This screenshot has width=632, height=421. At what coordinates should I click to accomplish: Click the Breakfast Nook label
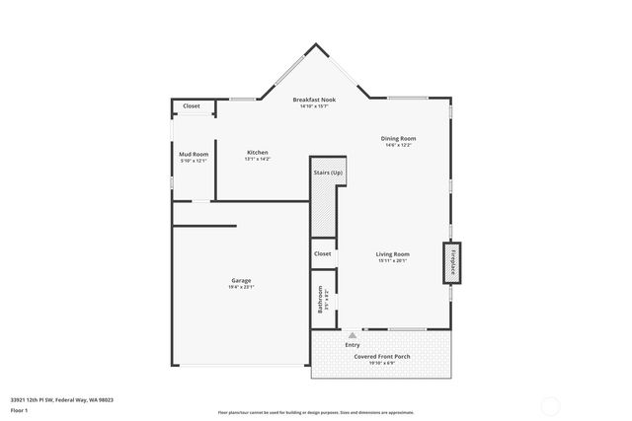(x=316, y=101)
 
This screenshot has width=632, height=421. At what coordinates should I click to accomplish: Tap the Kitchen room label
(x=258, y=153)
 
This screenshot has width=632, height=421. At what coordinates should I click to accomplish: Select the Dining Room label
(x=398, y=138)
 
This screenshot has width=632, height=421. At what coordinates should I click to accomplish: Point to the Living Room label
(x=392, y=254)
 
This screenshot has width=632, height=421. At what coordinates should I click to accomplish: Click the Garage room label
(x=241, y=280)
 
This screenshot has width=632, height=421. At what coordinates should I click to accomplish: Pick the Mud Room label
(x=194, y=154)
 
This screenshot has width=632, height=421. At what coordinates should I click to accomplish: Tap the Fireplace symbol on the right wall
(x=454, y=262)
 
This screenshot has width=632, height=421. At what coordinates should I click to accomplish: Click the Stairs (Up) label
(x=328, y=173)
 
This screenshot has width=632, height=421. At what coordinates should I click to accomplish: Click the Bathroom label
(x=320, y=300)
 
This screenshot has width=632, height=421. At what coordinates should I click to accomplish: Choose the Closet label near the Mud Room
(x=192, y=105)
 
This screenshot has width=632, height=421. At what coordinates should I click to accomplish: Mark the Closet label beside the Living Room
(x=323, y=253)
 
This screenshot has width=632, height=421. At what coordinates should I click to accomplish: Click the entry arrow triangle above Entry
(x=352, y=335)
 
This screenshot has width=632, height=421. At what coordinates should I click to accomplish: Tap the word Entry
(x=353, y=345)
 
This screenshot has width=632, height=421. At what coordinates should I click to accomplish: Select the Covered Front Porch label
(x=381, y=356)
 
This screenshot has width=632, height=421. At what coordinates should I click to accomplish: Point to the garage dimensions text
(x=241, y=287)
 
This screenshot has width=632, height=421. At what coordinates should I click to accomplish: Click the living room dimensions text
(x=392, y=261)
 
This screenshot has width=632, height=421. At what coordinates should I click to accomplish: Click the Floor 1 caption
(x=20, y=409)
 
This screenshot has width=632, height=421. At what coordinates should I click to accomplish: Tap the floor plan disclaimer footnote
(x=316, y=411)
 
